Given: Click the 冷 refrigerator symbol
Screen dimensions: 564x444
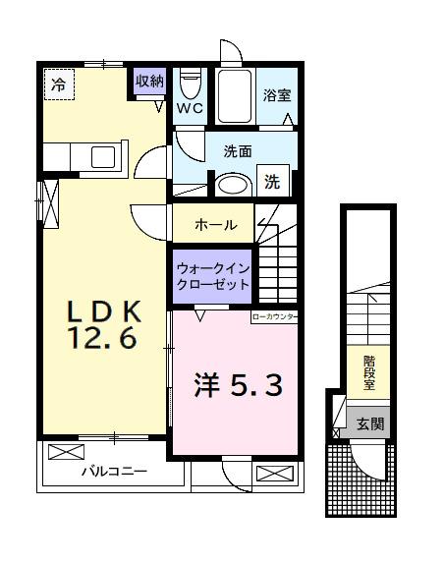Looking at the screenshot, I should (59, 85).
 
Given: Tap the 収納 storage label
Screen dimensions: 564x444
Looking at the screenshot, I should (149, 82).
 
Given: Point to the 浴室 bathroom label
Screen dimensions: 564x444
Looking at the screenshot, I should (276, 96).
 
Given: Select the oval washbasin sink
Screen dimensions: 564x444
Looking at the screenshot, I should (232, 184).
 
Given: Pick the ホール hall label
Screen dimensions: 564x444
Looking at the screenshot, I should (215, 225).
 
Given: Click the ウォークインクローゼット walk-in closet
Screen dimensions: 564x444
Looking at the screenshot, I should (212, 275).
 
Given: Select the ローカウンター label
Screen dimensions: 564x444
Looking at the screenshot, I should (274, 317).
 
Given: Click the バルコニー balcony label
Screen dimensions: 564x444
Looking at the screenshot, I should (114, 472).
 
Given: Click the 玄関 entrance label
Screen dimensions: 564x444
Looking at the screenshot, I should (370, 424).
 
